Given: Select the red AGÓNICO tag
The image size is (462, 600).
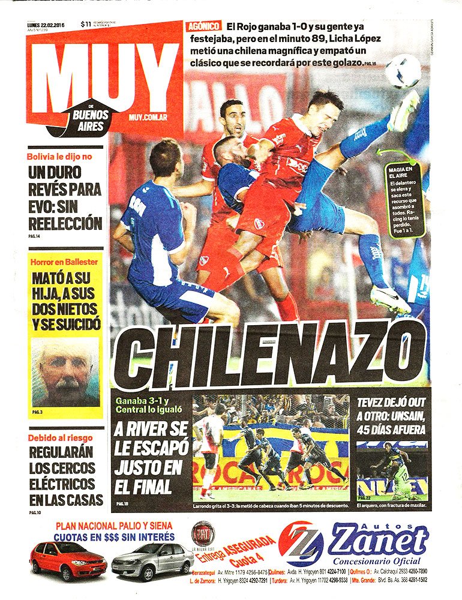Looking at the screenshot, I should click(203, 26).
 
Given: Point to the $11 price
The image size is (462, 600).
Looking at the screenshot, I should click(86, 24).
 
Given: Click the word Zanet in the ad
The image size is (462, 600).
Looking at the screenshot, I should click(377, 542).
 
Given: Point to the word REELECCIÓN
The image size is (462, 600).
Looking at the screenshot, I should click(65, 224).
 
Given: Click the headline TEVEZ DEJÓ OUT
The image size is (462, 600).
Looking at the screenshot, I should click(392, 403).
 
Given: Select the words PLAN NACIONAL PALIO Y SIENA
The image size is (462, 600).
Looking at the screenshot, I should click(115, 526).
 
